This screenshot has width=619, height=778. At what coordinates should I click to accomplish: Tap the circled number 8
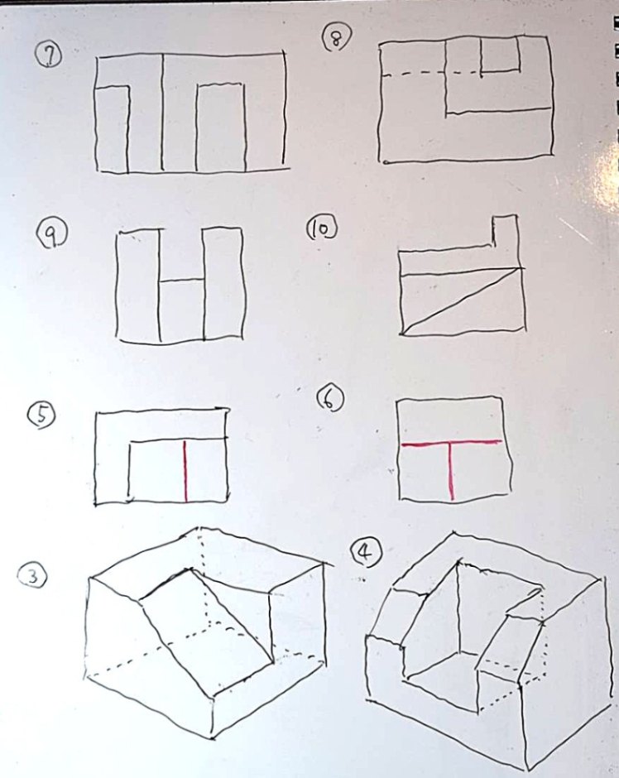[338, 38]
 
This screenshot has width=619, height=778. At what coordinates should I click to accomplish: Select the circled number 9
[51, 235]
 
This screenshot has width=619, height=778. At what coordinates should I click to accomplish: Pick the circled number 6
[330, 401]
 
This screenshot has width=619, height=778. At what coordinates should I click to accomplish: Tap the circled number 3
[33, 577]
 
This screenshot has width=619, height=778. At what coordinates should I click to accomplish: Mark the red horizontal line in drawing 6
[451, 443]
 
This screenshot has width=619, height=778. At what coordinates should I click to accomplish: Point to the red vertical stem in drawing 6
[451, 471]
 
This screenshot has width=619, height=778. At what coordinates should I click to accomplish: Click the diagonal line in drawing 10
[463, 301]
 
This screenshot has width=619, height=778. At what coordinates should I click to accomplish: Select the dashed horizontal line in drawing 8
[431, 74]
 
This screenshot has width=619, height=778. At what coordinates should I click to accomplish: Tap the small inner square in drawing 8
[500, 55]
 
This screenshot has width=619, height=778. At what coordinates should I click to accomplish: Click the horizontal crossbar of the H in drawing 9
[181, 281]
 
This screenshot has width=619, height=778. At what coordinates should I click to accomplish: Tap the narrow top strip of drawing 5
[161, 425]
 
